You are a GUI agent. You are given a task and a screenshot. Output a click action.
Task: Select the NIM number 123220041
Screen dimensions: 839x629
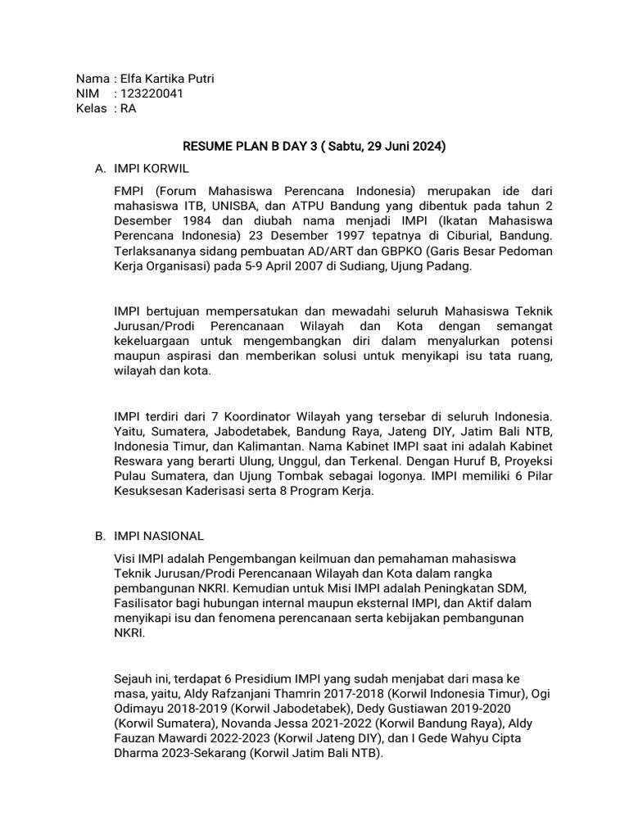pyautogui.click(x=152, y=93)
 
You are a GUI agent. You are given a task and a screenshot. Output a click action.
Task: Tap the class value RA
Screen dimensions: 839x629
pyautogui.click(x=128, y=108)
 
